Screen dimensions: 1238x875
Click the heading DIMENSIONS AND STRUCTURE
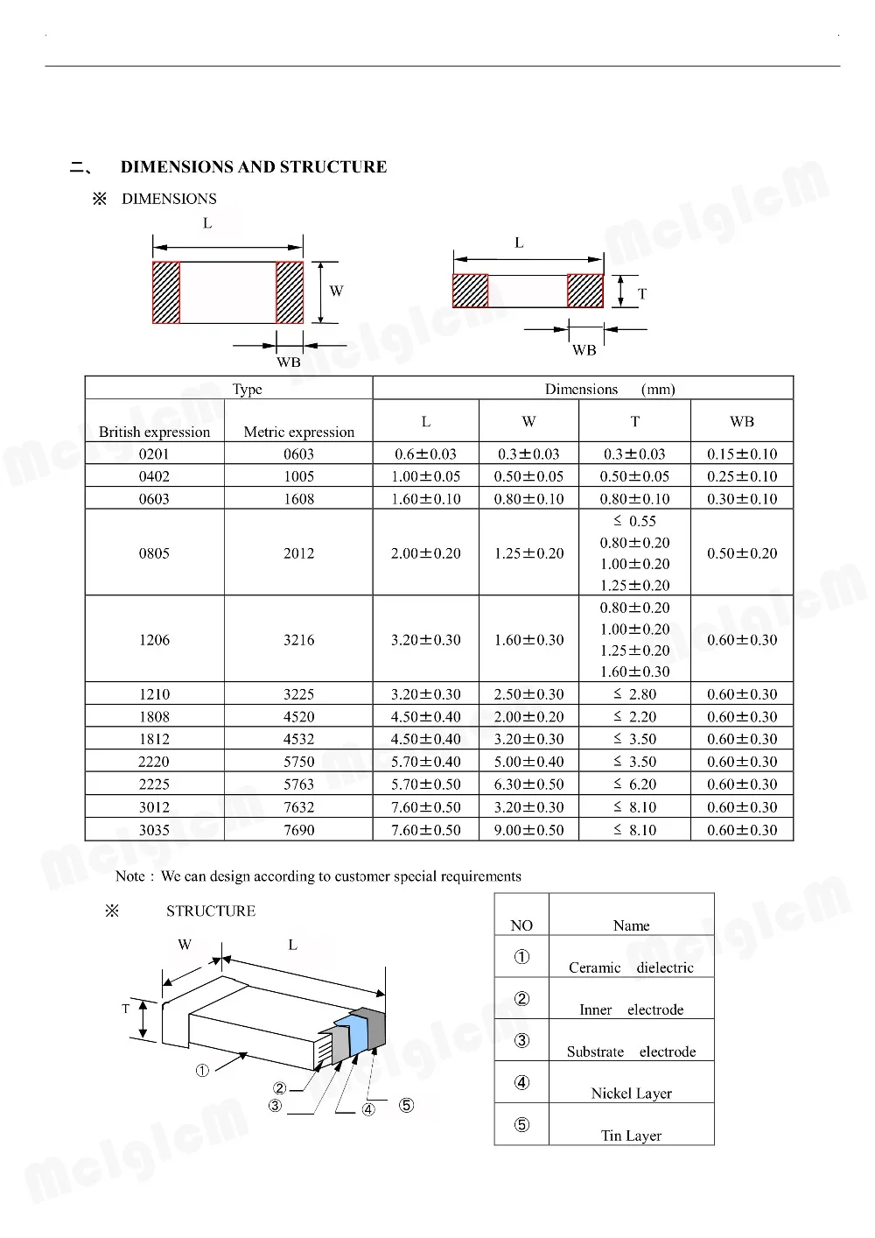[253, 167]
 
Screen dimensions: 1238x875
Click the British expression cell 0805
[154, 553]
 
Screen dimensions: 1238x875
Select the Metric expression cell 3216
[298, 640]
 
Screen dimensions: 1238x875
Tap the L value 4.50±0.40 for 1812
[425, 739]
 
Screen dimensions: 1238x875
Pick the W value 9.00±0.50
[528, 830]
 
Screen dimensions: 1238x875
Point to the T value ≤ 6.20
[634, 784]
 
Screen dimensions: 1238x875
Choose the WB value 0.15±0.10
[742, 454]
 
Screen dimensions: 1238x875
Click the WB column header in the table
[742, 422]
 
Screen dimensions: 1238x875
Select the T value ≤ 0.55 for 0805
[634, 521]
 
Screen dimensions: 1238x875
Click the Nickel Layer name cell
[631, 1094]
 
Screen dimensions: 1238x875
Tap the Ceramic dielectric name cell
[631, 967]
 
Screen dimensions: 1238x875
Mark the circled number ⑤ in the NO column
[521, 1125]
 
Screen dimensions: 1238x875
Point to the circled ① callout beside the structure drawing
[202, 1071]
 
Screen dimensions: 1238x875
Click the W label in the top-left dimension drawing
[337, 292]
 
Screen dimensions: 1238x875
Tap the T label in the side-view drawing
[642, 294]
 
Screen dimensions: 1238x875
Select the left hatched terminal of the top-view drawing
[166, 292]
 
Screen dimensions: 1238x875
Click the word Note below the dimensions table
[129, 876]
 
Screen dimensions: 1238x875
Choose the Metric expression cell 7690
[298, 830]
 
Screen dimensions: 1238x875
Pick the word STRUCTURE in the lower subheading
[211, 911]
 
